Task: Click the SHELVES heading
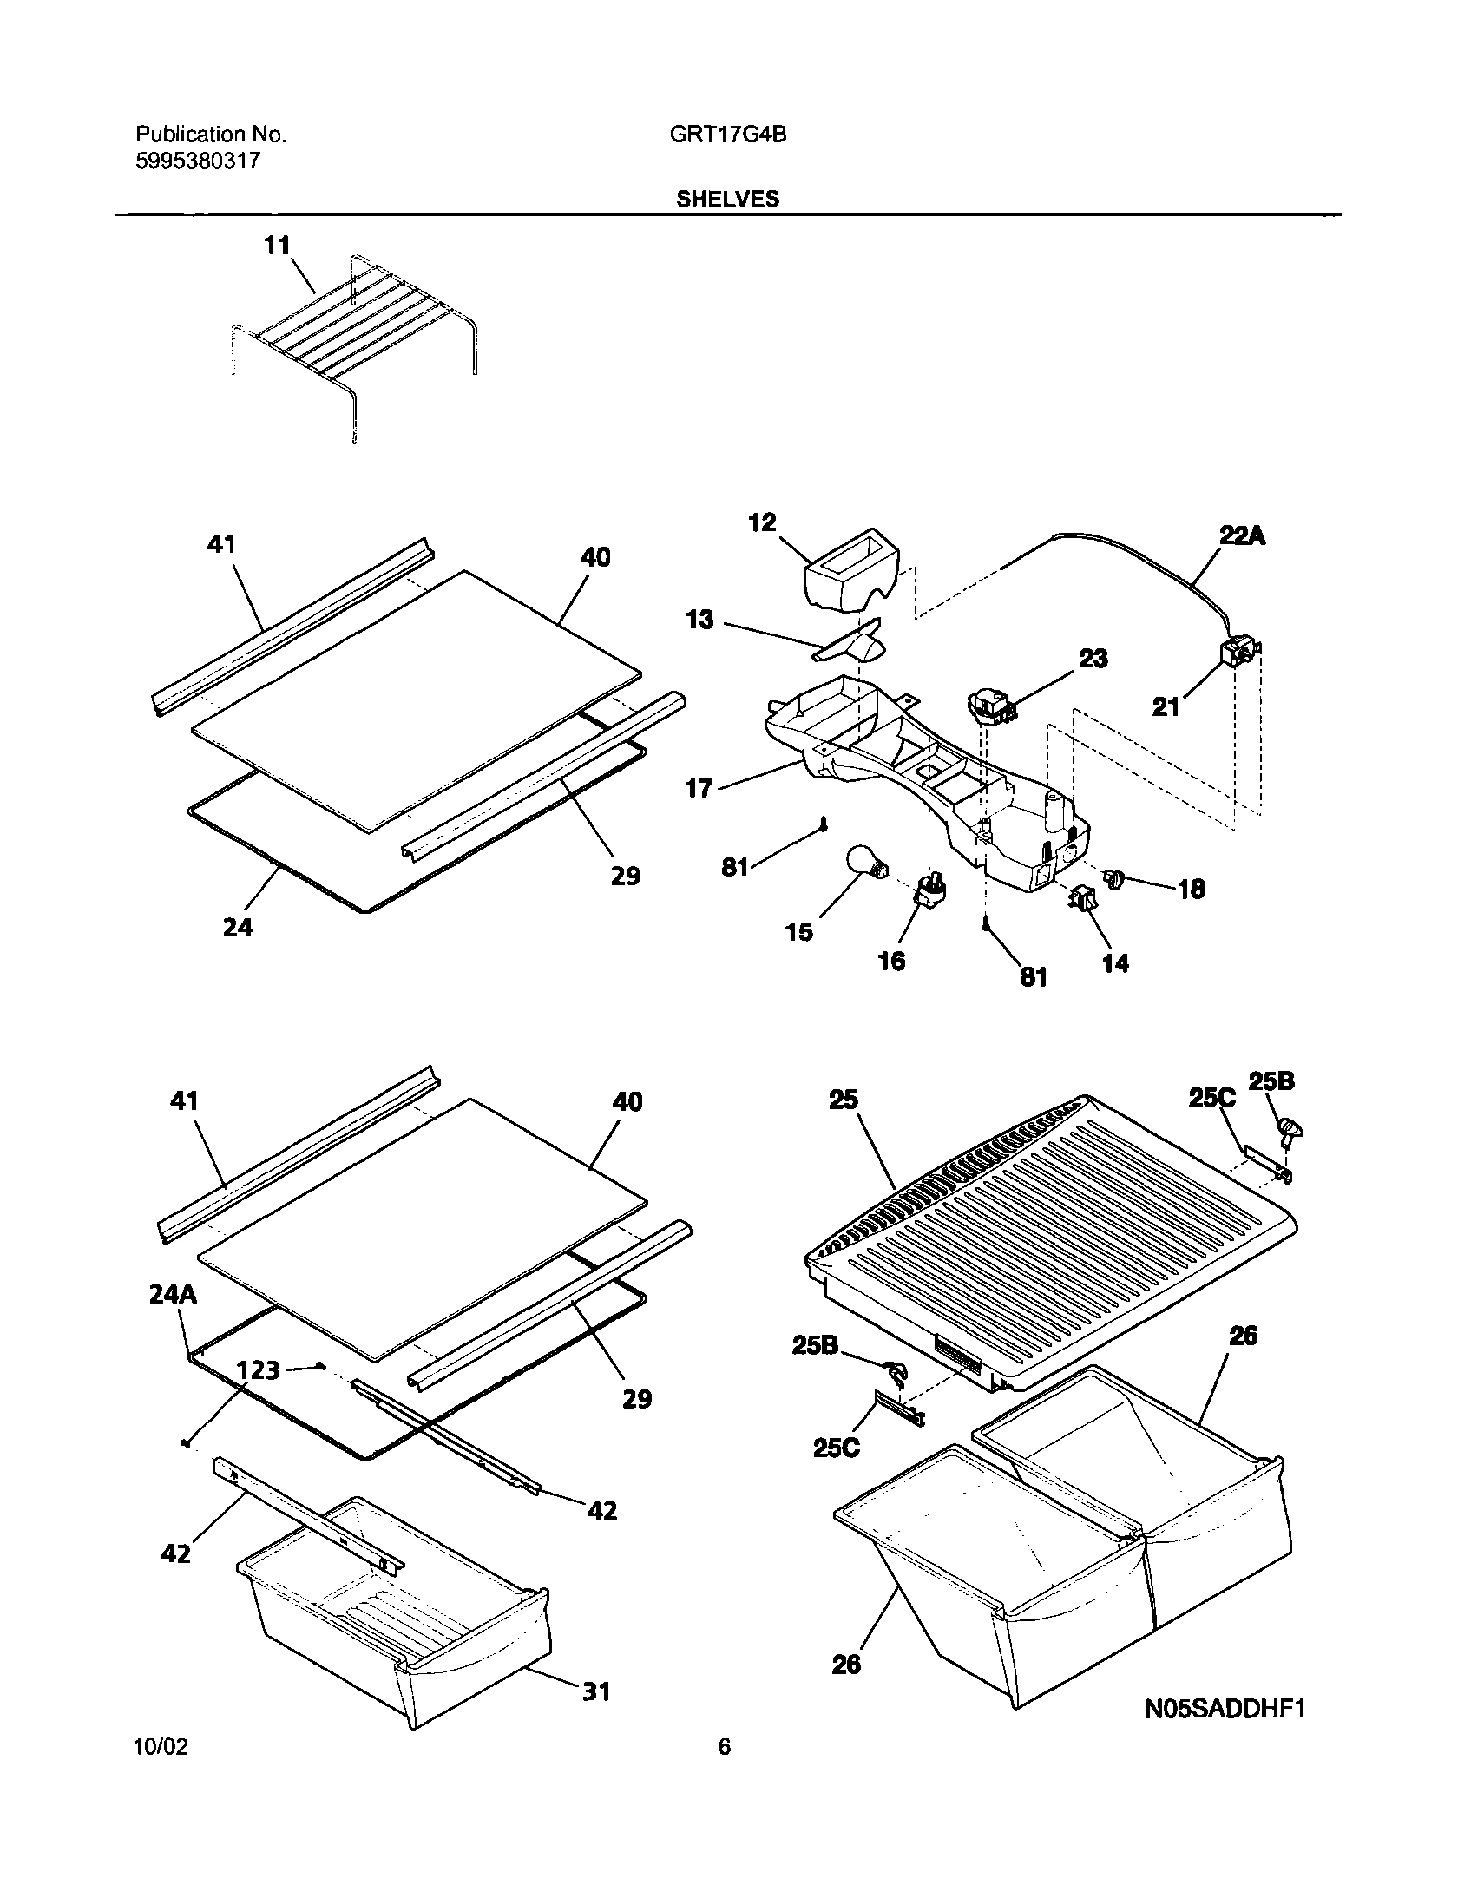click(x=727, y=199)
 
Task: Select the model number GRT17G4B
click(x=728, y=135)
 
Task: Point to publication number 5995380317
click(x=198, y=161)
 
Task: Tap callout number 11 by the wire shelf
click(x=276, y=246)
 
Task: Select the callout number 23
click(x=1093, y=659)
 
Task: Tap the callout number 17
click(x=699, y=788)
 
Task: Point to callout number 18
click(x=1192, y=888)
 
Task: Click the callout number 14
click(x=1116, y=962)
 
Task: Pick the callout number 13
click(x=699, y=620)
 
